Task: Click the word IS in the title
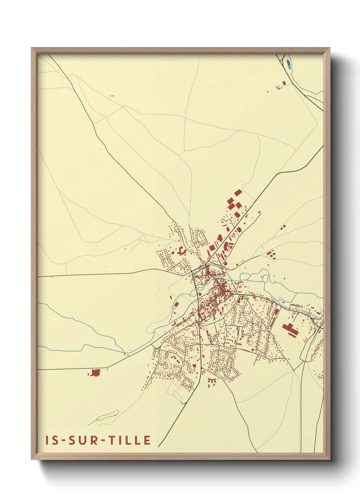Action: pyautogui.click(x=52, y=440)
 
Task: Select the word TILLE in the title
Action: pyautogui.click(x=130, y=440)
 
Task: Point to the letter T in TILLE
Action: pyautogui.click(x=111, y=440)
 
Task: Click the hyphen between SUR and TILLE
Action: pyautogui.click(x=103, y=441)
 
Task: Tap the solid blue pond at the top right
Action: pyautogui.click(x=289, y=64)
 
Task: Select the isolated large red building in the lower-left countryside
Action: pyautogui.click(x=96, y=373)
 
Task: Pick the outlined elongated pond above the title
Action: pyautogui.click(x=108, y=415)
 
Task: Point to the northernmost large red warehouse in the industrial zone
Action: pyautogui.click(x=238, y=193)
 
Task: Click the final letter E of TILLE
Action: pyautogui.click(x=147, y=440)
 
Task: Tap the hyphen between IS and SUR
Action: pyautogui.click(x=64, y=441)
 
